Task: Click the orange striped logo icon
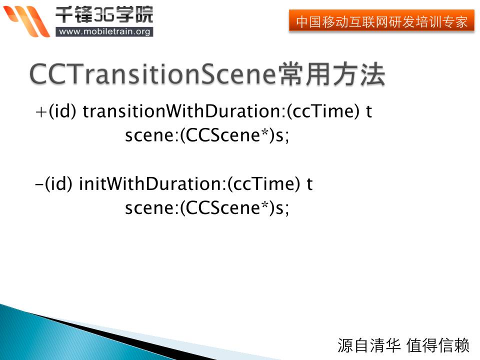26,21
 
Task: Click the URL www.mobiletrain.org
104,31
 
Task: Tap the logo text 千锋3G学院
104,14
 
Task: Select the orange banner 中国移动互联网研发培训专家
381,21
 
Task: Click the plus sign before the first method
40,111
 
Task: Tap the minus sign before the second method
39,184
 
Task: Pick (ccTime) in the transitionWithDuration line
323,111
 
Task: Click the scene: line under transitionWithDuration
207,135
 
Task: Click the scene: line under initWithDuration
207,208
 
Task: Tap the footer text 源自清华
369,345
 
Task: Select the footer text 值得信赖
438,345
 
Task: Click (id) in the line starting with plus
62,111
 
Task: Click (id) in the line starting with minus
58,184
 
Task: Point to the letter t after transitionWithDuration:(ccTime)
369,111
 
